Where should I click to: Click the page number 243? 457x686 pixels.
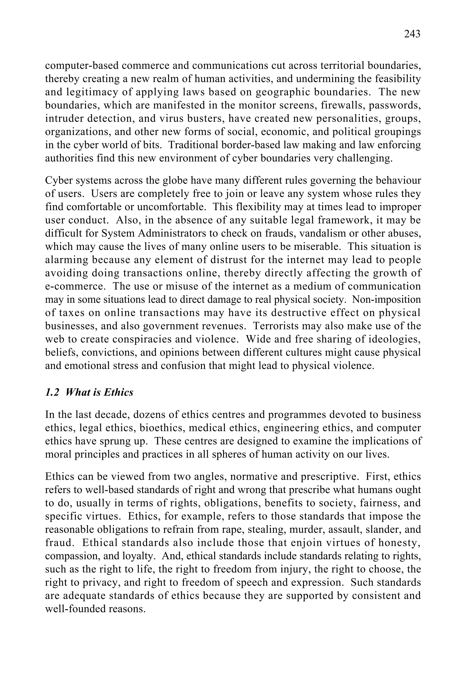pyautogui.click(x=412, y=34)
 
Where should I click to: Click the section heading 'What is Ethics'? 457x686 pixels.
pyautogui.click(x=99, y=393)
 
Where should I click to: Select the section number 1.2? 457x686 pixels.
pyautogui.click(x=52, y=393)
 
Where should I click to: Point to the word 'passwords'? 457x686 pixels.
pyautogui.click(x=394, y=105)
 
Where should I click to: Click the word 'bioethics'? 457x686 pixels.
pyautogui.click(x=162, y=428)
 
